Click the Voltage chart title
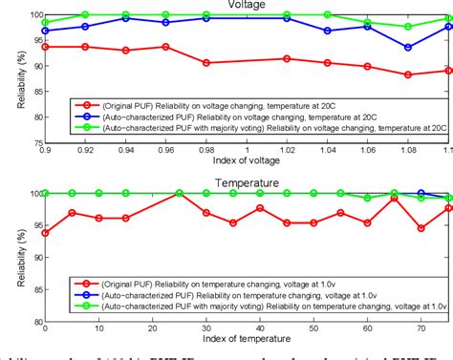(247, 6)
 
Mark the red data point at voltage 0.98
(206, 63)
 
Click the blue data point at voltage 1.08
(408, 47)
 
